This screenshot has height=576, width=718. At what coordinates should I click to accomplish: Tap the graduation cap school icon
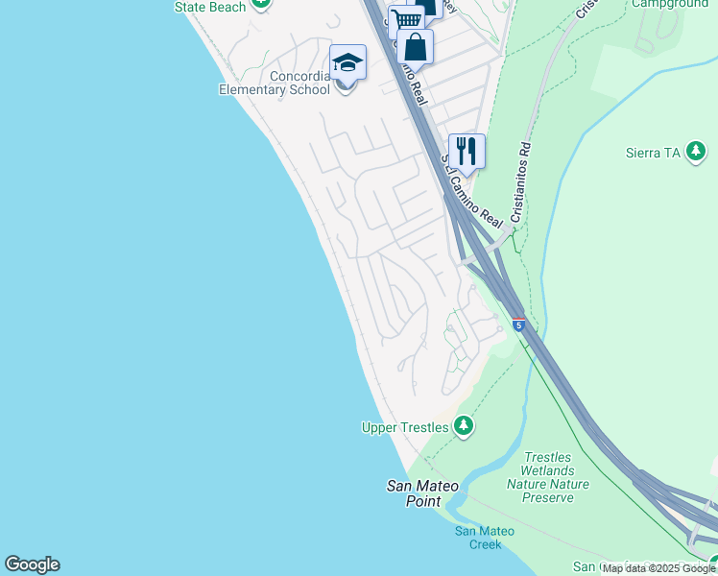pyautogui.click(x=347, y=63)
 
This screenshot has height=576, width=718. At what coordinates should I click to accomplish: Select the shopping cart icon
pyautogui.click(x=407, y=19)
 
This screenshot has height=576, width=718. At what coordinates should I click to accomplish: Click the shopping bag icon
pyautogui.click(x=415, y=46)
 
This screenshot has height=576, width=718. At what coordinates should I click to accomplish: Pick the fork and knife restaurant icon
pyautogui.click(x=467, y=151)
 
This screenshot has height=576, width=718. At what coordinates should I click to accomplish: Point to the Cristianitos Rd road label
pyautogui.click(x=520, y=183)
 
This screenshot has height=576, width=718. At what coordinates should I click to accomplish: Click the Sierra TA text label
pyautogui.click(x=656, y=153)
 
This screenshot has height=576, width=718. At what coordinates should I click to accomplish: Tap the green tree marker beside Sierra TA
pyautogui.click(x=697, y=152)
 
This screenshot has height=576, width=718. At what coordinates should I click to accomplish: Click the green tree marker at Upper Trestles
pyautogui.click(x=464, y=425)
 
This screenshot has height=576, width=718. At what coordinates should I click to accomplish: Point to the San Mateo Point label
pyautogui.click(x=415, y=493)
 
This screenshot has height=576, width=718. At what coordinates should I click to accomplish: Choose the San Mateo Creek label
pyautogui.click(x=478, y=538)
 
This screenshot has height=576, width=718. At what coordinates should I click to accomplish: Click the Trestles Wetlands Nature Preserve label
pyautogui.click(x=548, y=470)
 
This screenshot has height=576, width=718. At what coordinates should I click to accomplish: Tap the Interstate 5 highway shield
pyautogui.click(x=518, y=324)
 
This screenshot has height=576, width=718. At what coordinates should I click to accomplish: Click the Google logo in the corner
pyautogui.click(x=32, y=564)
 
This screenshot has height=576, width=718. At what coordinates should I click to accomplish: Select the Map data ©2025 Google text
pyautogui.click(x=658, y=568)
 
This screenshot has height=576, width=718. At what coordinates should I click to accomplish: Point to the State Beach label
pyautogui.click(x=209, y=7)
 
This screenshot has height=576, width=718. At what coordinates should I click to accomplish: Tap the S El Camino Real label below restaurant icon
pyautogui.click(x=471, y=192)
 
